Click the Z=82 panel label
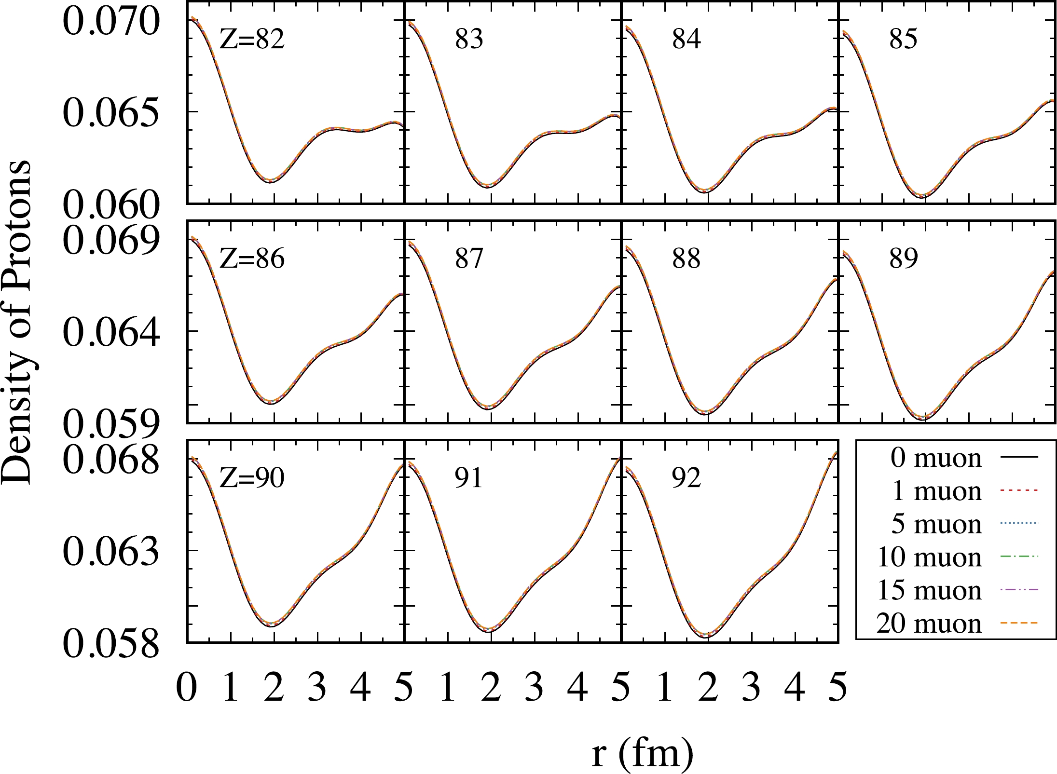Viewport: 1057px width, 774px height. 252,39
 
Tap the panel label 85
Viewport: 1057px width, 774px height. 903,39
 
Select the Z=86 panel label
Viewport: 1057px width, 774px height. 252,258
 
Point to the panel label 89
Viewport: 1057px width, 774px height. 903,258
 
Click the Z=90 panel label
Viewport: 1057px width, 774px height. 252,478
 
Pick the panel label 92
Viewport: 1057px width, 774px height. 686,478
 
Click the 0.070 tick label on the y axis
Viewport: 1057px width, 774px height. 111,22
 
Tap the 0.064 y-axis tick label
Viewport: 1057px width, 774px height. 111,333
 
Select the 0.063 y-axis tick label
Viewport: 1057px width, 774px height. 111,552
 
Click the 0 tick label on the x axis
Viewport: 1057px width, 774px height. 187,687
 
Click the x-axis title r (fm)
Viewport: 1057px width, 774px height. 643,753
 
